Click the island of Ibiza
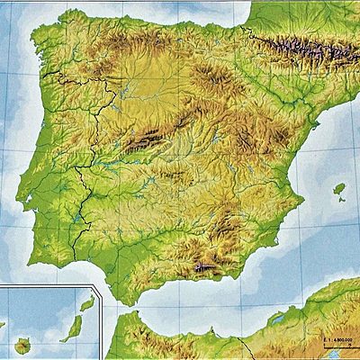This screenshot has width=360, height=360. pyautogui.click(x=339, y=189)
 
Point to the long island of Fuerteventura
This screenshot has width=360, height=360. pyautogui.click(x=71, y=328)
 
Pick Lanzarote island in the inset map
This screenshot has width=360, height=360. pyautogui.click(x=87, y=304)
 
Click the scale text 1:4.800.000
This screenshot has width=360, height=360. pyautogui.click(x=338, y=337)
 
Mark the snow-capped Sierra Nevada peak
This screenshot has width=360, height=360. pyautogui.click(x=205, y=266)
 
